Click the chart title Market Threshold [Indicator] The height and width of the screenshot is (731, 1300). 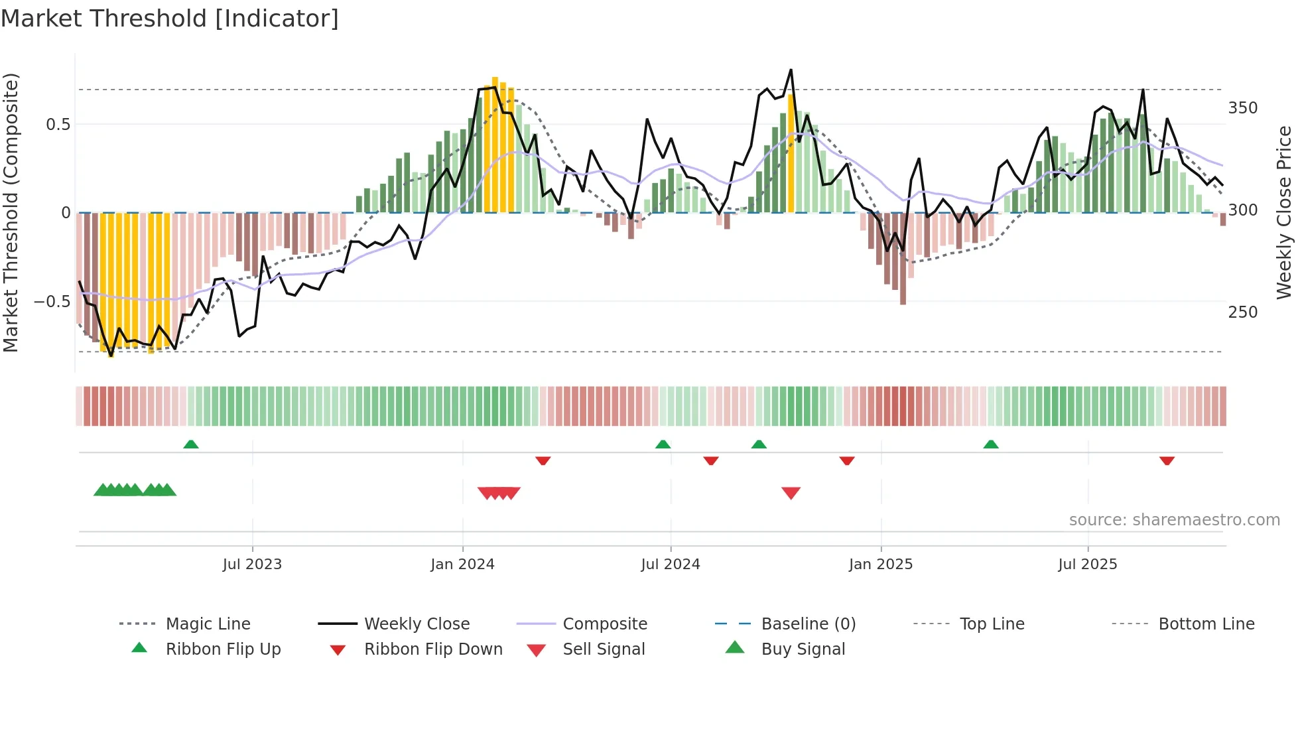[x=170, y=19]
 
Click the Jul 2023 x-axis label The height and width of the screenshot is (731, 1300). [x=252, y=565]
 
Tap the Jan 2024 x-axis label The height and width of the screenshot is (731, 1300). [x=462, y=565]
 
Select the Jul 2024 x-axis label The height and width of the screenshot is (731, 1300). [x=670, y=565]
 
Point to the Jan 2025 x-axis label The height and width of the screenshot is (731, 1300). [x=880, y=565]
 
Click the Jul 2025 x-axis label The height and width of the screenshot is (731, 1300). [x=1087, y=565]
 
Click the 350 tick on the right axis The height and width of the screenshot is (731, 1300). [x=1242, y=108]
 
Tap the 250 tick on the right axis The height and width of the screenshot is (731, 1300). [x=1242, y=312]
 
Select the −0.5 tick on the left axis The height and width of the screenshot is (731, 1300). [x=52, y=302]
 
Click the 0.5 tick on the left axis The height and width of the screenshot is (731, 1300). [x=58, y=125]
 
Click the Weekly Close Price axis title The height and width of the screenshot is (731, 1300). [x=1284, y=212]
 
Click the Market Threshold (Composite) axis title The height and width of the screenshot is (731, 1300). [x=11, y=212]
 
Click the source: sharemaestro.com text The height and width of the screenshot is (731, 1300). [x=1174, y=520]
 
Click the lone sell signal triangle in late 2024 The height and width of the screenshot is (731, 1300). [x=791, y=493]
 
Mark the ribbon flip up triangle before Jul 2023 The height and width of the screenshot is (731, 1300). [x=191, y=444]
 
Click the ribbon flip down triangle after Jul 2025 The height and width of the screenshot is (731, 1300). [x=1167, y=460]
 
